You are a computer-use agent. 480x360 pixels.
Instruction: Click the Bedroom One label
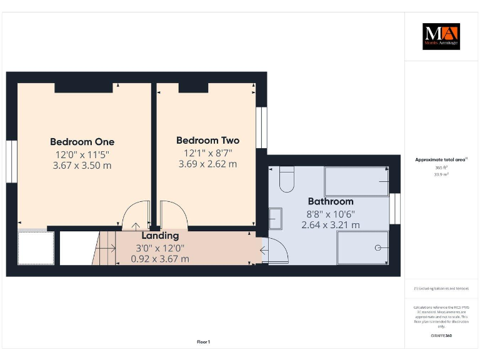coord(82,142)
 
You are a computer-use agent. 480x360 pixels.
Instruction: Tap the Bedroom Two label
coord(207,141)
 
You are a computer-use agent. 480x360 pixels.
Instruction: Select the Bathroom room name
coord(330,201)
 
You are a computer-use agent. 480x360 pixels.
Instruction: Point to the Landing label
coord(160,236)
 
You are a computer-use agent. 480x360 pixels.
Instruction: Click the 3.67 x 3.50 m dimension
coord(82,166)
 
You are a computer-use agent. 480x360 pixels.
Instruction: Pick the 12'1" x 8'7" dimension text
coord(207,152)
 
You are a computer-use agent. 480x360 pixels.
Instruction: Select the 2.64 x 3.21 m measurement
coord(330,224)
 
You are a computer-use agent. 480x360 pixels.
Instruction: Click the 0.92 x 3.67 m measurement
coord(160,258)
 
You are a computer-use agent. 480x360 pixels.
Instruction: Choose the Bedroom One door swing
coord(136,216)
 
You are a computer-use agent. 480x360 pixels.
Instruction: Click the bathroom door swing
coord(276,251)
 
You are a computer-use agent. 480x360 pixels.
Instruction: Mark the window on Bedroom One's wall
coord(11,161)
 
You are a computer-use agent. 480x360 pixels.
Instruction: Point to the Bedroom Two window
coord(261,127)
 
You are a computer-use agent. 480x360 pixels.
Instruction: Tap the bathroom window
coord(394,209)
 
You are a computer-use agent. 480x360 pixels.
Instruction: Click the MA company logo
coord(441,36)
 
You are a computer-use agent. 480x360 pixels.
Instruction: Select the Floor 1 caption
coord(203,342)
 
